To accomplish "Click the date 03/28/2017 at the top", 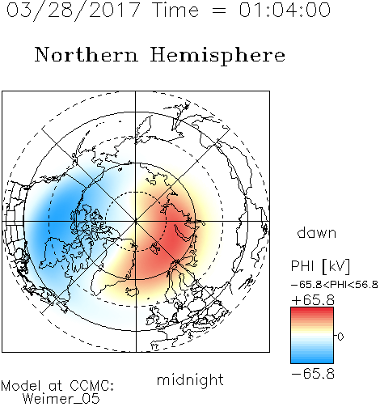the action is coord(74,10).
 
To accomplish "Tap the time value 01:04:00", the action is coord(285,10).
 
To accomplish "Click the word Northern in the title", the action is coord(87,55).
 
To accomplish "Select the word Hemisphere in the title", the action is coord(217,56).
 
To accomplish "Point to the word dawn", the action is coord(317,232).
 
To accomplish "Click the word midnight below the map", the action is coord(190,380).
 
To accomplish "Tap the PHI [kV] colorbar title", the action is coord(320,266).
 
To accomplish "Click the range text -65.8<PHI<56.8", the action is coord(335,285).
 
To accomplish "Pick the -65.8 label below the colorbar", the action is coord(313,374).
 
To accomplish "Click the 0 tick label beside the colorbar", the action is coord(340,337).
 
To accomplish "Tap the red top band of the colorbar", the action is coord(312,311).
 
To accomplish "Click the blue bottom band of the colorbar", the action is coord(312,360).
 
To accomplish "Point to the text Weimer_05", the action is coord(61,398).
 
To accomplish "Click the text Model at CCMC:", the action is coord(57,385).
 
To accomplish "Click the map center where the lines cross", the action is coord(136,222).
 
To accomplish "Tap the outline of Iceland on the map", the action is coord(132,291).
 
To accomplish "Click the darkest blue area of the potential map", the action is coord(63,213).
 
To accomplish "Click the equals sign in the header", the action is coord(218,11).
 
